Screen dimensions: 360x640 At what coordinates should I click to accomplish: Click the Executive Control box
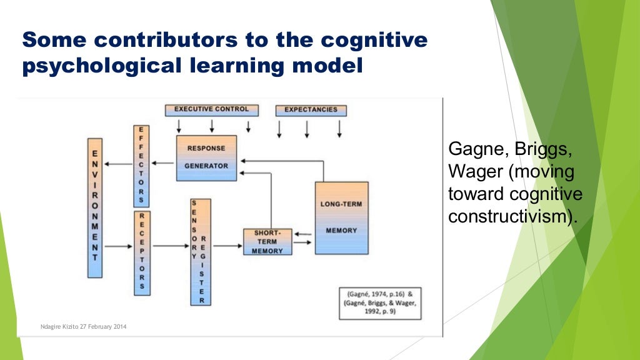coord(211,110)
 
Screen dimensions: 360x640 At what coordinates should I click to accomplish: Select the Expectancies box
coord(311,111)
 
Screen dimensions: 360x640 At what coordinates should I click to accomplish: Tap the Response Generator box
coord(206,157)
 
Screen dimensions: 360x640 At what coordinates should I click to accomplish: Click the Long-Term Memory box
coord(341,217)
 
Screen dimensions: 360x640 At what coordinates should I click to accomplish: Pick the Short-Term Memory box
coord(267,242)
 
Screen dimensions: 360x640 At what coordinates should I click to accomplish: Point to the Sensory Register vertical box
coord(201,252)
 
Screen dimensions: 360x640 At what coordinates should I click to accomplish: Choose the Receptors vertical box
coord(142,252)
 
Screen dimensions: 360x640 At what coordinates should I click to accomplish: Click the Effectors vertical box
coord(141,166)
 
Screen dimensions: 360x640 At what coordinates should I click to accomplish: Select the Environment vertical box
coord(95,207)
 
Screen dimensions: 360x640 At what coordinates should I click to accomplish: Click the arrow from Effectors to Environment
coord(118,164)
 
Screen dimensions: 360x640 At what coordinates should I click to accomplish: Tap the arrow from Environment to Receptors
coord(118,246)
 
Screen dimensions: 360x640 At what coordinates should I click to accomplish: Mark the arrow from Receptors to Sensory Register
coord(169,246)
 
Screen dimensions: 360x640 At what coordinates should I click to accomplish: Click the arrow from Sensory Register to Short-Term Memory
coord(227,246)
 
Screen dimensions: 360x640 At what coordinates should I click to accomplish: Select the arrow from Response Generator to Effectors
coord(162,164)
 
